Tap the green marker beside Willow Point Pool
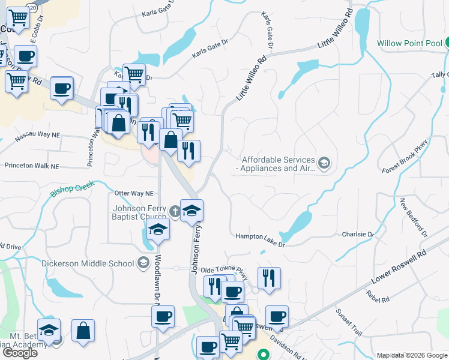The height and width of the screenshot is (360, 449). [x=447, y=43]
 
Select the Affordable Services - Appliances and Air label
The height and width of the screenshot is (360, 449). [x=278, y=164]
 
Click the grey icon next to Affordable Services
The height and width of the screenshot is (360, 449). [x=324, y=163]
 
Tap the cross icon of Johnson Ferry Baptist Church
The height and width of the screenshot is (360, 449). [x=174, y=211]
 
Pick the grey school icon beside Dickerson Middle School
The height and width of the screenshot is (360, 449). [x=143, y=262]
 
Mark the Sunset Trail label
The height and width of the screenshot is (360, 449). [x=349, y=321]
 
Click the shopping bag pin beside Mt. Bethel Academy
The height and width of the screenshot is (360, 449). [x=83, y=331]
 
